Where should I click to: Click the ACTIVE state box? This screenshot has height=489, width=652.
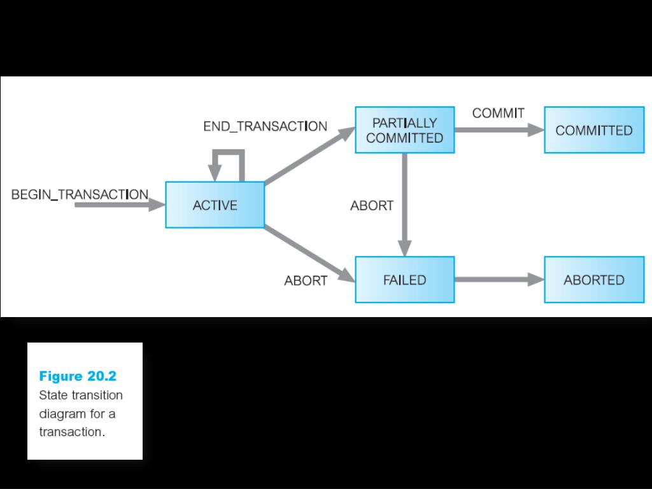[215, 205]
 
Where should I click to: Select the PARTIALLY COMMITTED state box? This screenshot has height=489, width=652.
[404, 131]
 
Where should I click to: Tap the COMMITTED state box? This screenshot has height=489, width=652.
[593, 131]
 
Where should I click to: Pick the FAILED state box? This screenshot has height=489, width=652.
[404, 280]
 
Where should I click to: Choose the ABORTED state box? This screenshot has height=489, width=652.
[593, 280]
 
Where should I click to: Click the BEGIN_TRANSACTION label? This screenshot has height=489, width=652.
[80, 194]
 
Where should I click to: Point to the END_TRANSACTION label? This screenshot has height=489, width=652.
[265, 126]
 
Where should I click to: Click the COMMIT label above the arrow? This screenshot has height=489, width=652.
[498, 113]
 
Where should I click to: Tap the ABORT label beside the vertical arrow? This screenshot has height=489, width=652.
[372, 206]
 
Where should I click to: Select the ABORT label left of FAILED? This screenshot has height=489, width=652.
[306, 281]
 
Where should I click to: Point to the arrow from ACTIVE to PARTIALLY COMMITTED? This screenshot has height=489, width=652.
[309, 157]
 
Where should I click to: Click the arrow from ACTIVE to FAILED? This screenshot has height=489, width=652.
[309, 253]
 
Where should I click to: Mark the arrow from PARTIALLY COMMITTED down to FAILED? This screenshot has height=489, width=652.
[405, 204]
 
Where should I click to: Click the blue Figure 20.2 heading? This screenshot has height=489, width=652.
[78, 376]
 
